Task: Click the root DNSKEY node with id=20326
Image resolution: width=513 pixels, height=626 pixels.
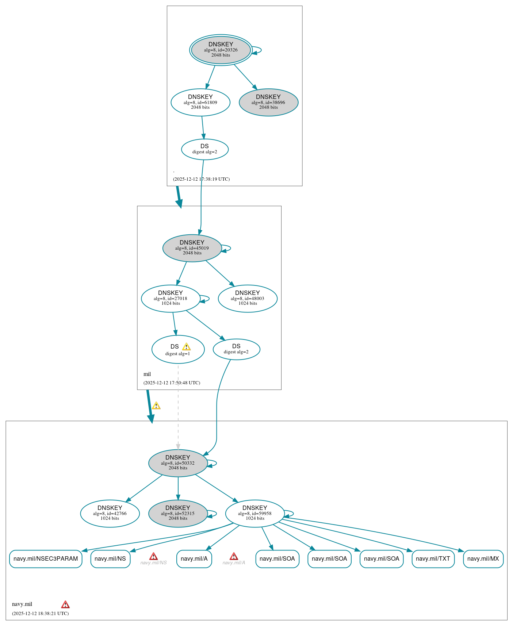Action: [x=221, y=50]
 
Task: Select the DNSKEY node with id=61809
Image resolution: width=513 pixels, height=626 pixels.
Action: [x=200, y=102]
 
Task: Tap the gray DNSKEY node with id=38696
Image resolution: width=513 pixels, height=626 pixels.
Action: [x=268, y=102]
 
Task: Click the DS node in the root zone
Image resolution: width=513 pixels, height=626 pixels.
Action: [x=204, y=149]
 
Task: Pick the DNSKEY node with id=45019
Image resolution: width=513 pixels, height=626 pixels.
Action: [x=192, y=248]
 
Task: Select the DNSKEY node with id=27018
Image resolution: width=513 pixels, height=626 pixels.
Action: [x=171, y=298]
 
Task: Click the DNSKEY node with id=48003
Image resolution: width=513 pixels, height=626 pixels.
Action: [x=248, y=298]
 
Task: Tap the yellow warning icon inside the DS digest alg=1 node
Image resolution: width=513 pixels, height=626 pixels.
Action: [x=186, y=347]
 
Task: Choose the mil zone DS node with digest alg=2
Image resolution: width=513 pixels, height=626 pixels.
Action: [x=236, y=349]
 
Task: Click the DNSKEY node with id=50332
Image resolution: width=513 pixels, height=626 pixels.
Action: [x=178, y=463]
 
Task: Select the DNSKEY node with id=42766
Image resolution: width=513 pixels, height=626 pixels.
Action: [x=110, y=513]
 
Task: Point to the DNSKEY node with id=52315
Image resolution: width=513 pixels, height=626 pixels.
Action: [x=178, y=513]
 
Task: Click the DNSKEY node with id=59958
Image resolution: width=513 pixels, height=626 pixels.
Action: [x=255, y=513]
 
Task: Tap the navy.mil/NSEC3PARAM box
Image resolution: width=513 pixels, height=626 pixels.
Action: [x=46, y=558]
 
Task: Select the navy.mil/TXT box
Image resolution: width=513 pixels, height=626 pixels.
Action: [x=433, y=558]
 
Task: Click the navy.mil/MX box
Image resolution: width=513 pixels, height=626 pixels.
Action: [x=483, y=558]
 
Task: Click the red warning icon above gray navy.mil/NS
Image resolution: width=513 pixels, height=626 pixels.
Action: [x=153, y=556]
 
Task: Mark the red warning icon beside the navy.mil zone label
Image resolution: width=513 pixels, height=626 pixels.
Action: [x=65, y=604]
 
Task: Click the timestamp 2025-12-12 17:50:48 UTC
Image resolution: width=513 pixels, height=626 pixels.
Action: [x=172, y=383]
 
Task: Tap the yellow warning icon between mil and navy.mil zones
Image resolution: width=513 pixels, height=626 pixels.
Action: [x=156, y=406]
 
